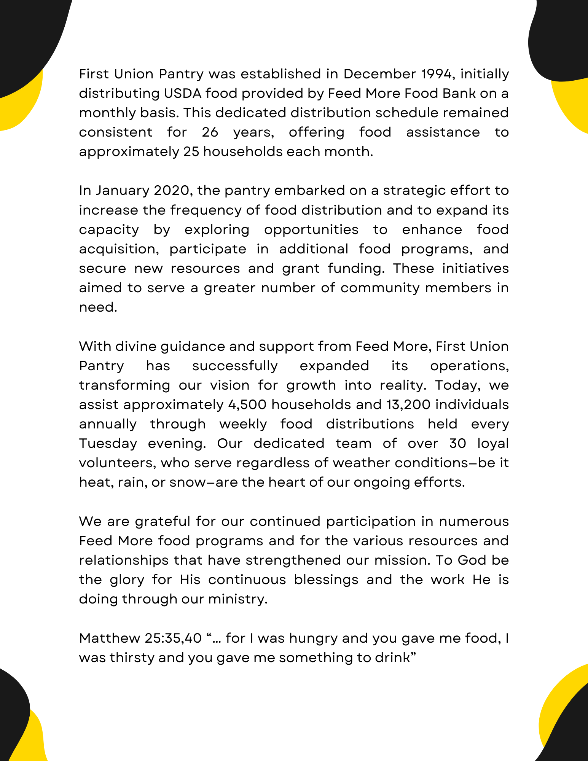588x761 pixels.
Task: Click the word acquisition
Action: (x=119, y=249)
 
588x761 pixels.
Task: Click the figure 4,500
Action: (x=247, y=404)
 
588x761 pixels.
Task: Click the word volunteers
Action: (x=118, y=463)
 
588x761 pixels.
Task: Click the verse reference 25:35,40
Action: (x=173, y=638)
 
